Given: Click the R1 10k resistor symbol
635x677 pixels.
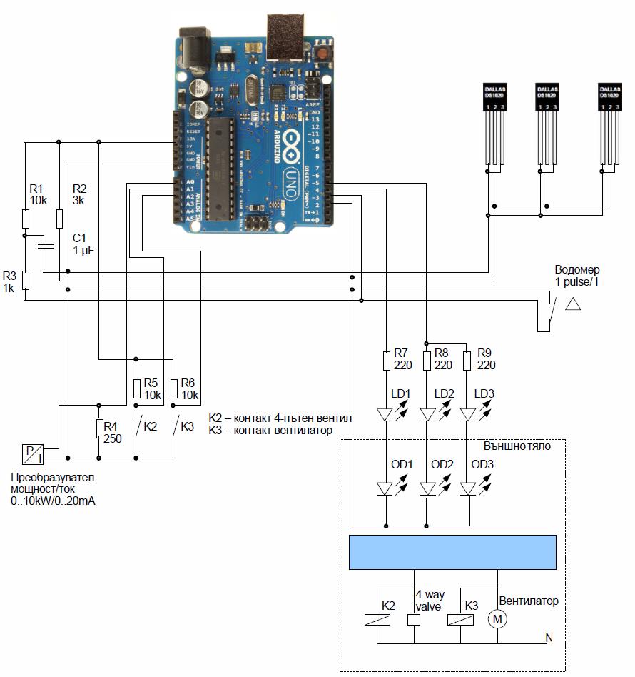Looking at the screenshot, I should [25, 218].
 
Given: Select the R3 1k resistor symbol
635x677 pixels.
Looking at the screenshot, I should [25, 280].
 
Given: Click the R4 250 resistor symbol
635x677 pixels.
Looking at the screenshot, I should [98, 428].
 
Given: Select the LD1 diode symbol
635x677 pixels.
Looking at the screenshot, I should [386, 414].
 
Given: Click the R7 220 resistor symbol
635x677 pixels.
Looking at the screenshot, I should [386, 360].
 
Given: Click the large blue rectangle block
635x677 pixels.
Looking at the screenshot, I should [452, 551].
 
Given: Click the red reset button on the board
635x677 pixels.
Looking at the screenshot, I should [324, 54].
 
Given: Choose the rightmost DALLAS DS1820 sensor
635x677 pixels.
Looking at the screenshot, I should [609, 96].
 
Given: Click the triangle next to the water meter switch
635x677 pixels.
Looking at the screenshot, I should [573, 304].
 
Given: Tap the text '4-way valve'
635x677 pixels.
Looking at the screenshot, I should [428, 601].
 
